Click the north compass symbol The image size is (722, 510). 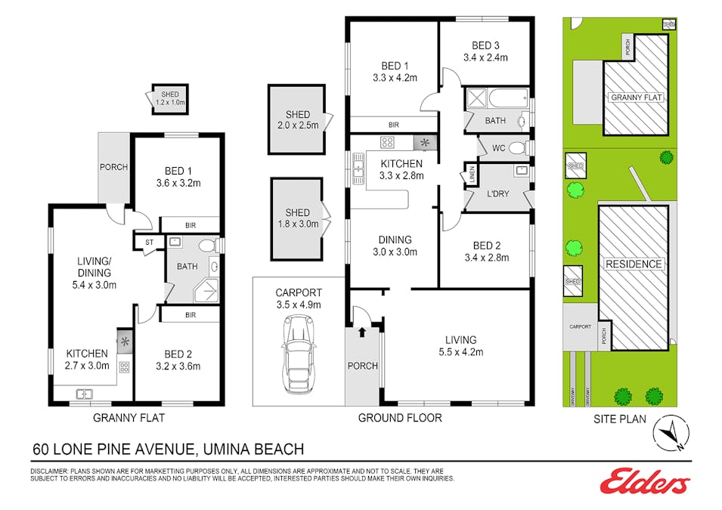click(x=671, y=434)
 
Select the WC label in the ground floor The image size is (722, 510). click(x=498, y=147)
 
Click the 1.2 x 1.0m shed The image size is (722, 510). click(x=170, y=98)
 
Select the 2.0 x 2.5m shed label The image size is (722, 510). click(x=297, y=120)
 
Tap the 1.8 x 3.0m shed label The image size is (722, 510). click(x=297, y=218)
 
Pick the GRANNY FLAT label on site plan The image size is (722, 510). click(x=636, y=97)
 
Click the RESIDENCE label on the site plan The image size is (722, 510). click(x=633, y=264)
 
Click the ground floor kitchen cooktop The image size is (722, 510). click(x=387, y=141)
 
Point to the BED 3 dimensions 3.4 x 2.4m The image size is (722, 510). click(x=485, y=57)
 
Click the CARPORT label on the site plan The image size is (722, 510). click(x=579, y=327)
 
